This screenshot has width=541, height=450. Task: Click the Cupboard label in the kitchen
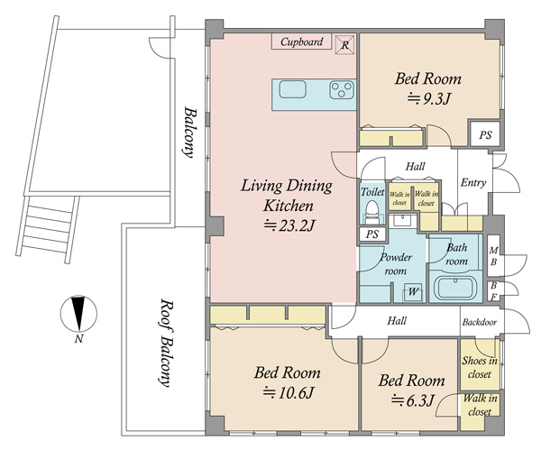pos(301,41)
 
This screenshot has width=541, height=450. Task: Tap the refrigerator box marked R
pos(345,44)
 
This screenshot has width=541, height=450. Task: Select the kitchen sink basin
pos(292,89)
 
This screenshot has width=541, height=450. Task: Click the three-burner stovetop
pos(342,89)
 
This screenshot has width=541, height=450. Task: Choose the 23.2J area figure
pos(289,225)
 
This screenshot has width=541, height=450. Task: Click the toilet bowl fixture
pos(371,212)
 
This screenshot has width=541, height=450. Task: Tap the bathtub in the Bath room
pos(455,288)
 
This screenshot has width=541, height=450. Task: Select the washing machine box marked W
pos(413,292)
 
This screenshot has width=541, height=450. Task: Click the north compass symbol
pos(78,313)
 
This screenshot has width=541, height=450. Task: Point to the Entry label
pos(473,182)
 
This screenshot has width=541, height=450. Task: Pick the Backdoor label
pos(480,322)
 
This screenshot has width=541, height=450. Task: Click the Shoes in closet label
pos(480,367)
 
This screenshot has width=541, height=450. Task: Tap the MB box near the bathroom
pos(494,255)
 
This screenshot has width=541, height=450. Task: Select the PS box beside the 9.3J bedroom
pos(485,134)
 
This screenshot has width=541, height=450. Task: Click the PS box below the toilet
pos(371,234)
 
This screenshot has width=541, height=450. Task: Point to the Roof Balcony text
pos(166,343)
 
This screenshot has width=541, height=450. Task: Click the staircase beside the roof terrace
pos(48,229)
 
